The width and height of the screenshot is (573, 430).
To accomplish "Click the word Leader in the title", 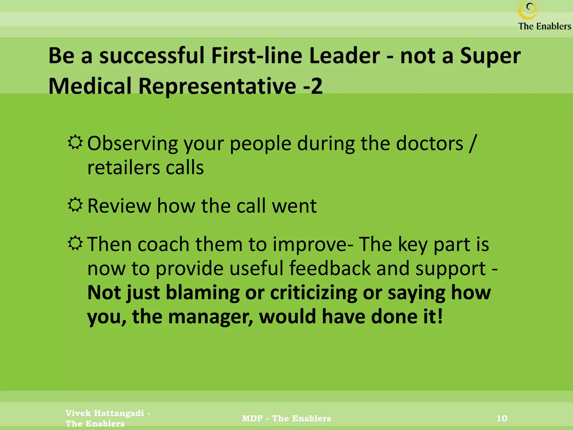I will pos(344,56).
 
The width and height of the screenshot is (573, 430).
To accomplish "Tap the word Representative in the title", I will pos(217,86).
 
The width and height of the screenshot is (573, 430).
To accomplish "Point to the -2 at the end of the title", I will pos(313,86).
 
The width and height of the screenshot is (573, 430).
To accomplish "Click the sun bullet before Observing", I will pos(75,142).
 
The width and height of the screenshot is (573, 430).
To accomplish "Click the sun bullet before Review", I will pos(75,205).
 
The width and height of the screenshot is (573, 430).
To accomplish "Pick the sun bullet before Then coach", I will pos(75,243).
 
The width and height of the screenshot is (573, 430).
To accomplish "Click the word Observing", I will pos(132,144).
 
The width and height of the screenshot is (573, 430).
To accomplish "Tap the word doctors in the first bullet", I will pos(429,144).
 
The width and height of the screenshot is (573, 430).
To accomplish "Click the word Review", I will pos(119,206).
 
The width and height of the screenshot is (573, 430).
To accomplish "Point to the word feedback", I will pos(330,268).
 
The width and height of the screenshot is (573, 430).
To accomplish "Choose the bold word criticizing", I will pos(313,293).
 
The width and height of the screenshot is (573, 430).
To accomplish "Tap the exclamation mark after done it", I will pos(440,316).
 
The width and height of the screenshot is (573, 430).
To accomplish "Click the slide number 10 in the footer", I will pos(502,418).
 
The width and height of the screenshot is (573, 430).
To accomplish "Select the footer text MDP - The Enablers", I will pos(286,418).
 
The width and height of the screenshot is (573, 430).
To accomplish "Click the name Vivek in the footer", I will pos(78,413).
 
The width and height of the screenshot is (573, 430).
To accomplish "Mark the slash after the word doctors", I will pos(472,144).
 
